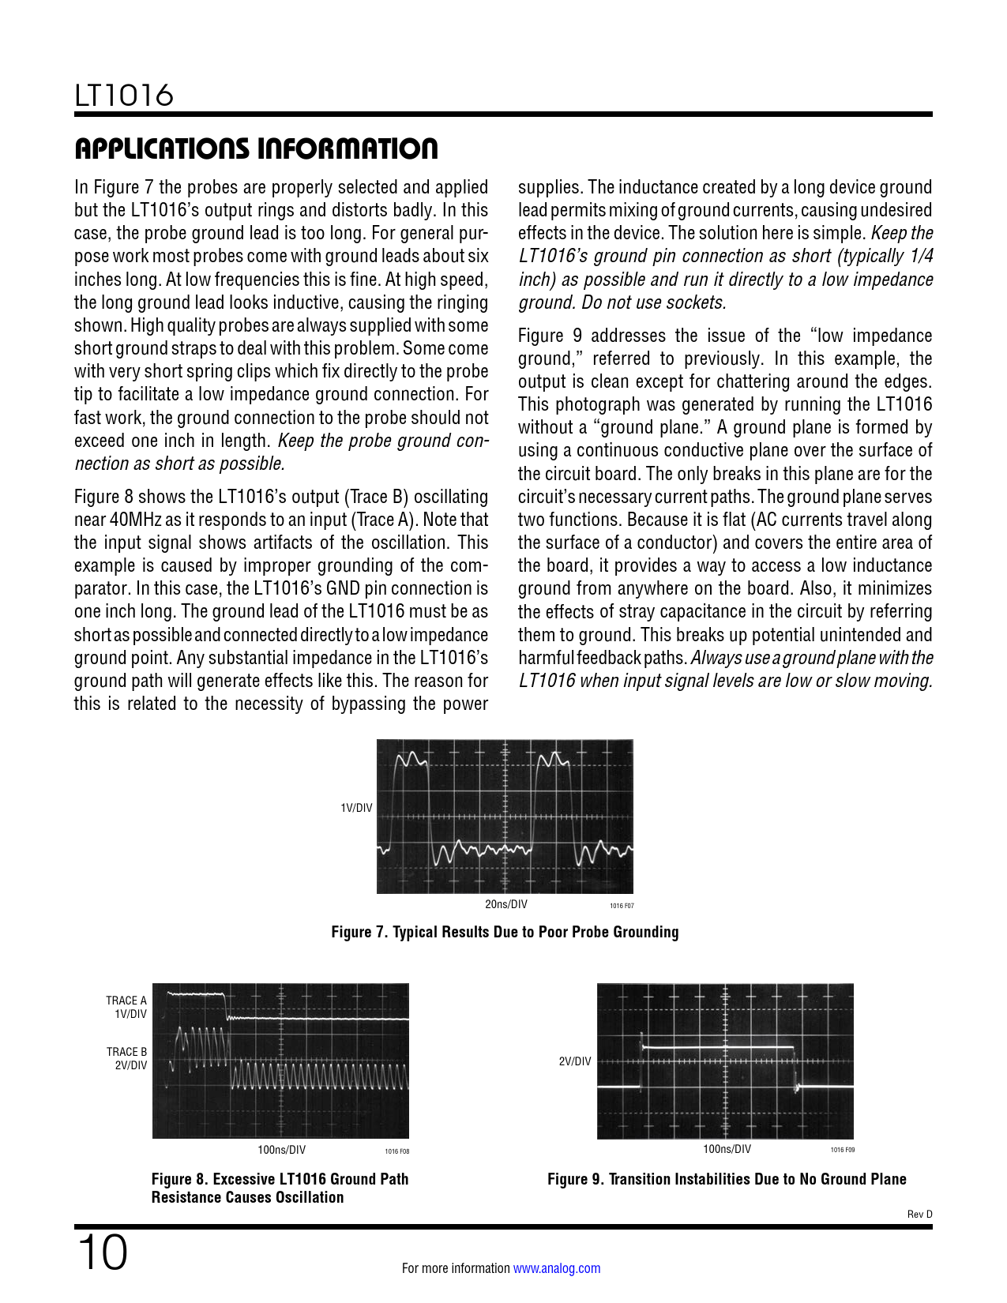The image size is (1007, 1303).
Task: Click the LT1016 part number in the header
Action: [x=124, y=96]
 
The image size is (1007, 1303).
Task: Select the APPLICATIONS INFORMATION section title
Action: [x=256, y=148]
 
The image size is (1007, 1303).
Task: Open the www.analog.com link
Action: [x=556, y=1268]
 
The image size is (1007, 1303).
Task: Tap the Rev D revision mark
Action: [x=919, y=1214]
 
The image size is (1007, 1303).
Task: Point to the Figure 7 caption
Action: [x=505, y=932]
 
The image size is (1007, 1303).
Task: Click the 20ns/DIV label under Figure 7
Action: [x=505, y=904]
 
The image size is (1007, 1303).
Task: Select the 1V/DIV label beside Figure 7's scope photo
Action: [x=356, y=808]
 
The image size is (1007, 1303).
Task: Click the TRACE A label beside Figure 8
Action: [x=126, y=1001]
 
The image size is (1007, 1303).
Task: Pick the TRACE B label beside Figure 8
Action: [x=126, y=1052]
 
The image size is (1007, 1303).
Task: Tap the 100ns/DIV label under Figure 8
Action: [x=281, y=1150]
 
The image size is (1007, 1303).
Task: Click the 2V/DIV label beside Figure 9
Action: [x=574, y=1061]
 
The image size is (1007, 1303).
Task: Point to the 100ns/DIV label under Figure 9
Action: [x=727, y=1150]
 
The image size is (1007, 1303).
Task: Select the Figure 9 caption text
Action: [x=727, y=1179]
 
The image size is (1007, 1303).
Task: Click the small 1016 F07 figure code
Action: [x=622, y=906]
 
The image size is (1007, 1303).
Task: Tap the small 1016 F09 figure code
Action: [x=842, y=1150]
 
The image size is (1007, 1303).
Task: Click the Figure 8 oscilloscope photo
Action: [x=280, y=1061]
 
